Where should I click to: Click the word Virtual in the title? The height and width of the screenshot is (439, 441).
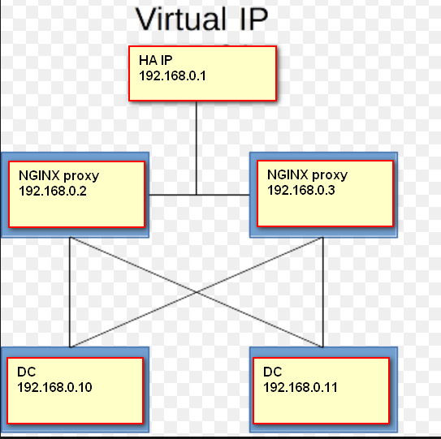point(181,19)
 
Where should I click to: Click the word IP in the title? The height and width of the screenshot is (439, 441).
point(254,19)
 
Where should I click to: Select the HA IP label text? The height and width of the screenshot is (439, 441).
point(156,60)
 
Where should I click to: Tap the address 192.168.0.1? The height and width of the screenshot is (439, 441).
point(172,75)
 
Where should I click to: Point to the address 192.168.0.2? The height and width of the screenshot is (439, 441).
point(53,192)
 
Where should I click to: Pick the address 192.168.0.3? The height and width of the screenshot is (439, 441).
point(301,190)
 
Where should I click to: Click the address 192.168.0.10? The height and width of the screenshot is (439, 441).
point(54,387)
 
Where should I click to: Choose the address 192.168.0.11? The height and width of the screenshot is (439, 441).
point(300,387)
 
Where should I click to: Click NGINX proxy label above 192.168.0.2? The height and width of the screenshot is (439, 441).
point(58,176)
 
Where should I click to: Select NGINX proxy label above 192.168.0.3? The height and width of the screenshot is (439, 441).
point(308,175)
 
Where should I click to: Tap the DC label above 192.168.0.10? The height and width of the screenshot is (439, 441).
point(27,372)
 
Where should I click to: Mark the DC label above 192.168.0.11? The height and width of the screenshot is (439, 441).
point(273,372)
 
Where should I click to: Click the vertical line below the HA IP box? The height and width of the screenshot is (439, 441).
point(197,148)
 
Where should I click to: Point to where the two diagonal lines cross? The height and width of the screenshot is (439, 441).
point(197,292)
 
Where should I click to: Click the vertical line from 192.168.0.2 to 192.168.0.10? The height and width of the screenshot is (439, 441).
point(70,292)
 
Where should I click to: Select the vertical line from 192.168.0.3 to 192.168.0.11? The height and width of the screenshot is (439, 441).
point(323,292)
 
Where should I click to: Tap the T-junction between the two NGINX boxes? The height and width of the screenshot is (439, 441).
point(197,195)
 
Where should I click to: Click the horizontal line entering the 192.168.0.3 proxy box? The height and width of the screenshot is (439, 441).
point(223,195)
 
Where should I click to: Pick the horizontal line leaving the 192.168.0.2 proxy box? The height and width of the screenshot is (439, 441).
point(173,195)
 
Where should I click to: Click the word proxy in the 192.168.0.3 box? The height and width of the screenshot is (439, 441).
point(330,176)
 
